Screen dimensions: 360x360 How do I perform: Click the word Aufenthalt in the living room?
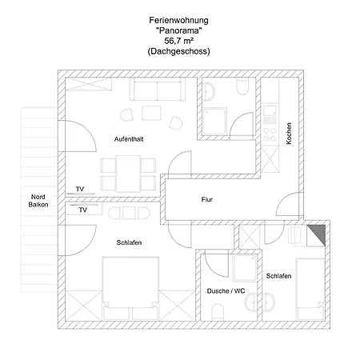coord(129,139)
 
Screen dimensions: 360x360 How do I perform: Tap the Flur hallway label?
coord(207,199)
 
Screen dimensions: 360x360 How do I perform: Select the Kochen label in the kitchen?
coord(289,134)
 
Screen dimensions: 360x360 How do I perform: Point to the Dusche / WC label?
coord(226,291)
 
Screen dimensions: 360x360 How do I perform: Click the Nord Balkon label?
coord(38,201)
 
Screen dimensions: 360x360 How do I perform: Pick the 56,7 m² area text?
coord(178,41)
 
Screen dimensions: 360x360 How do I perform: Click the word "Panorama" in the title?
coord(178,30)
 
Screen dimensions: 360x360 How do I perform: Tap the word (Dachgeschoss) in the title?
coord(178,51)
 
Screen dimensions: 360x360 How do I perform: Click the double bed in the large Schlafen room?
coord(130,288)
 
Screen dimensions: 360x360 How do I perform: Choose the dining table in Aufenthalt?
coord(128,174)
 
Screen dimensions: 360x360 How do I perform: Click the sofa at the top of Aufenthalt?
coord(158,89)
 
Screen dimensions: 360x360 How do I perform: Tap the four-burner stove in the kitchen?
coord(270,134)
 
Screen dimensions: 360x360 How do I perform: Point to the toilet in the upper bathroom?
coord(242,86)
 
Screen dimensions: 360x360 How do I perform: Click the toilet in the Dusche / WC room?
coord(218,312)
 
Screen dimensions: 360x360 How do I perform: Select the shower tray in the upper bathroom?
coord(214,122)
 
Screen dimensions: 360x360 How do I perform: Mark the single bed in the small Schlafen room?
coord(310,289)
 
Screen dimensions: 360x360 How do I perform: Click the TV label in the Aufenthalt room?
coord(80,189)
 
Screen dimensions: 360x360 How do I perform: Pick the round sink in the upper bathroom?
coord(208,91)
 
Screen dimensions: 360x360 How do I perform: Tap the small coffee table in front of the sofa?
coord(151,113)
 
